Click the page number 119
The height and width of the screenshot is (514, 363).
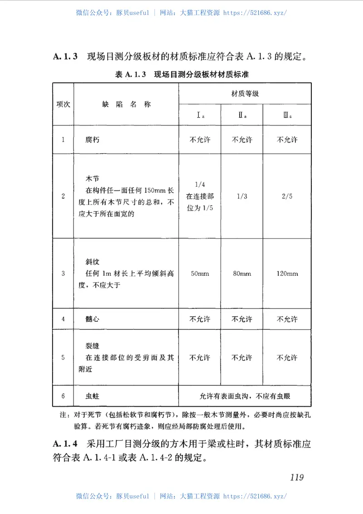(296, 477)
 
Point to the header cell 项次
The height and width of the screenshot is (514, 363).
(63, 104)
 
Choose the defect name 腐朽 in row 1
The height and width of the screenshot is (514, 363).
(93, 140)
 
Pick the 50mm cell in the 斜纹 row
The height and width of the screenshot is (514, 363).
(200, 274)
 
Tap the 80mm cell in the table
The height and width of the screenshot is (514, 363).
(242, 274)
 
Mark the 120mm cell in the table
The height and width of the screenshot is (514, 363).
(287, 274)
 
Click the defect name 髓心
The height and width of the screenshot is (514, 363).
(93, 319)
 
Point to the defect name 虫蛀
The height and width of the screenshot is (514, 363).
(93, 396)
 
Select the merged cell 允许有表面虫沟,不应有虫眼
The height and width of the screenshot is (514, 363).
(245, 396)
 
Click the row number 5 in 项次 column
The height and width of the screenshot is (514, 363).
(63, 358)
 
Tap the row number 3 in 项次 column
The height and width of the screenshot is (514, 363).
(63, 274)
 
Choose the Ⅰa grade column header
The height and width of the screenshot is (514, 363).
(200, 115)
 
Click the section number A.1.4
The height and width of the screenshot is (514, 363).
(66, 444)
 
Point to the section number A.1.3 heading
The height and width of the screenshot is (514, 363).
(66, 57)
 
